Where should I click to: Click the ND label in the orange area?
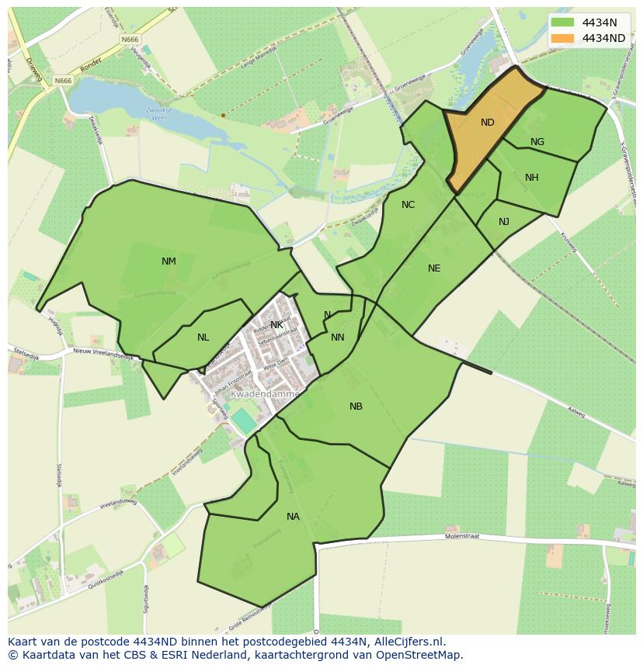click(x=487, y=123)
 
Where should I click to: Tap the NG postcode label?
click(x=537, y=142)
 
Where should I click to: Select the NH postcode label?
click(x=531, y=178)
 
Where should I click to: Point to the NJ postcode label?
click(x=504, y=222)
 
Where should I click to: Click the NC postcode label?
click(x=408, y=205)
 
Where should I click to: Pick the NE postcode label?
click(x=434, y=268)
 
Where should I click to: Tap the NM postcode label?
click(x=169, y=261)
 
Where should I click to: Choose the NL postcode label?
click(x=203, y=337)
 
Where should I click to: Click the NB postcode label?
click(x=356, y=407)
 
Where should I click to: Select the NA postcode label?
click(x=293, y=517)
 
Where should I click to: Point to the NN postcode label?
click(x=337, y=337)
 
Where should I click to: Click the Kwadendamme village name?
click(x=265, y=394)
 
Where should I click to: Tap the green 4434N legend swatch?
click(x=563, y=22)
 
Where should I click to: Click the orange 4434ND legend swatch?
click(x=563, y=38)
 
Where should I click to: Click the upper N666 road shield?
click(x=129, y=39)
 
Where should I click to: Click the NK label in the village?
click(x=276, y=325)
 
